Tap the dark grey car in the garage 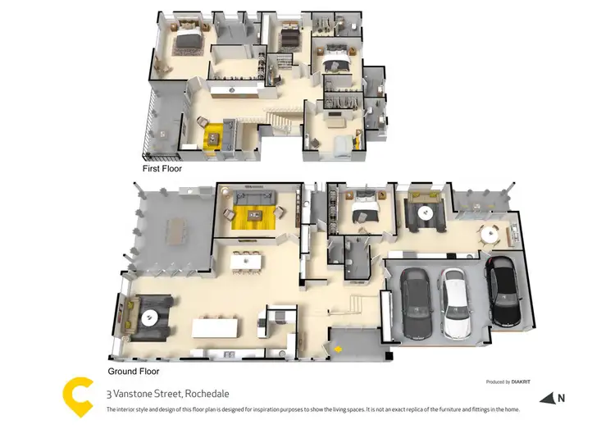pyautogui.click(x=417, y=306)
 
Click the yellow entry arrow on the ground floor pyautogui.click(x=336, y=351)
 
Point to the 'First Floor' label pyautogui.click(x=162, y=168)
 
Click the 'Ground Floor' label pyautogui.click(x=133, y=372)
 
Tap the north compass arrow pyautogui.click(x=548, y=399)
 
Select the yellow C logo pyautogui.click(x=79, y=397)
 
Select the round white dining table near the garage pyautogui.click(x=490, y=232)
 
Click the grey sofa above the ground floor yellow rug pyautogui.click(x=253, y=197)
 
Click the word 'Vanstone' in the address pyautogui.click(x=130, y=393)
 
